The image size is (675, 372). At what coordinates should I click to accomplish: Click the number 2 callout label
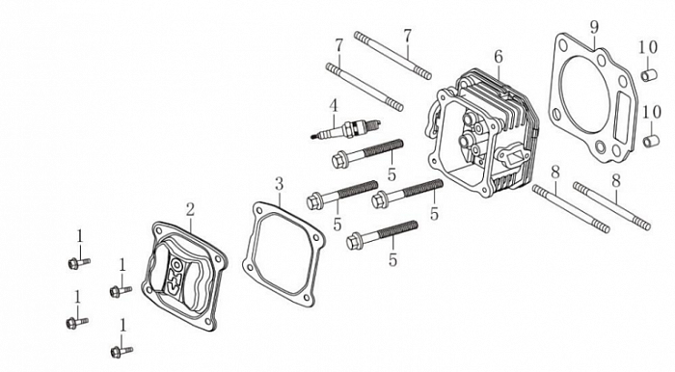click(x=190, y=209)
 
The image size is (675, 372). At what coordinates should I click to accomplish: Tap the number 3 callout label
click(x=280, y=184)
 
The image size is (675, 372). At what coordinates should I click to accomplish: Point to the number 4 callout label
click(x=334, y=105)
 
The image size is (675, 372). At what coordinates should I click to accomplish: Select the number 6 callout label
click(x=499, y=56)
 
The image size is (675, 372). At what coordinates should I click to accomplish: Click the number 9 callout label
click(x=594, y=28)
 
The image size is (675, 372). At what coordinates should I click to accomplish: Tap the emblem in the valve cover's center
click(x=175, y=276)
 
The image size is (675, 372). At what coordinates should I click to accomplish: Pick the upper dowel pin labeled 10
click(x=648, y=75)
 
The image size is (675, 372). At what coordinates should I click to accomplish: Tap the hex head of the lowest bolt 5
click(x=354, y=241)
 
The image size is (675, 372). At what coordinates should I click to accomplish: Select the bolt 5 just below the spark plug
click(x=367, y=153)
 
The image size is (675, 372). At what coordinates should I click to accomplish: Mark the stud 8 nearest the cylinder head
click(x=571, y=208)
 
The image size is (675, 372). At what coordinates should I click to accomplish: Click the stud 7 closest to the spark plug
click(x=365, y=87)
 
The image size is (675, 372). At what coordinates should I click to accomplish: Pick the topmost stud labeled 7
click(x=392, y=56)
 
